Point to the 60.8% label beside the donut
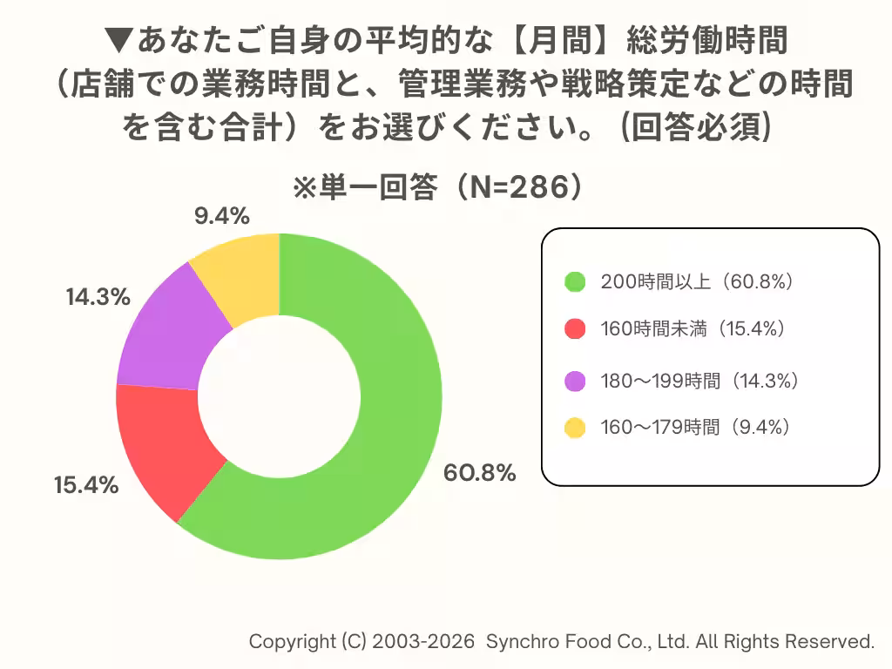pos(480,474)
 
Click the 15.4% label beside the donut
pos(85,486)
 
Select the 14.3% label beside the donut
pos(98,297)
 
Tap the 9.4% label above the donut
pos(222,215)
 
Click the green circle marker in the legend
pos(574,281)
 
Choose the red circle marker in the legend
pos(574,329)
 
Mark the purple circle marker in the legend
pos(574,381)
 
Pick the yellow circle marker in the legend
pos(574,427)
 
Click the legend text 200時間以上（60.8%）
pos(698,281)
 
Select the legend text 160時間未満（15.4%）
pos(698,329)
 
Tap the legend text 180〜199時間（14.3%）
pos(700,381)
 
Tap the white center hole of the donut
pos(279,396)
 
